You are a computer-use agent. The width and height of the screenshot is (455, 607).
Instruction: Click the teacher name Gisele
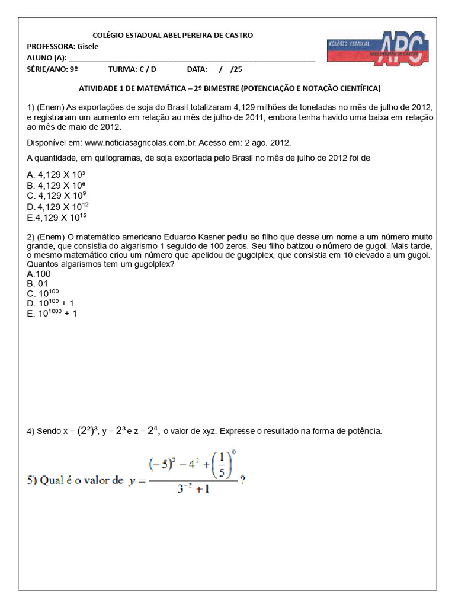88,47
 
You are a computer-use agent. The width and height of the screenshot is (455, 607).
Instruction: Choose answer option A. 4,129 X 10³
56,175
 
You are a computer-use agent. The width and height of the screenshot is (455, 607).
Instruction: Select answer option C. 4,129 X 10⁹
57,196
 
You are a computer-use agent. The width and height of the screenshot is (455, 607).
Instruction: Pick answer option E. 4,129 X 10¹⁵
57,217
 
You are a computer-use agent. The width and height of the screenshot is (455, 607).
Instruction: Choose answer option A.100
39,274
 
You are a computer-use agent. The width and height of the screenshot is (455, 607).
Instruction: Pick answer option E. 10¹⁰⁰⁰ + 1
52,314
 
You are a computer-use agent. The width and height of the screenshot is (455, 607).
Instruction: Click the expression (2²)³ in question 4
88,431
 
